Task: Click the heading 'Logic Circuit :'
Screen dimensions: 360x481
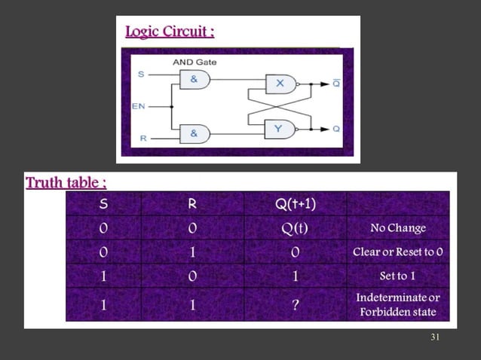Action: pos(170,32)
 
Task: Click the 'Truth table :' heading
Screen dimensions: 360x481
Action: pos(66,183)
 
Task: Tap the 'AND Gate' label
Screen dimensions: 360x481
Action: pos(195,62)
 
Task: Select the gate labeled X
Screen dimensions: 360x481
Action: pos(280,84)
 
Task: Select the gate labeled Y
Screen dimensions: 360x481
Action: pos(280,129)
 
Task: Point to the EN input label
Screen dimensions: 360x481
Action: pos(139,106)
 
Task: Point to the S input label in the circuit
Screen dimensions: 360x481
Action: pos(141,74)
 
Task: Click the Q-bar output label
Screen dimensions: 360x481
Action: pos(336,84)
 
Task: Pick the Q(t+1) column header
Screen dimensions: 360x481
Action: pos(296,203)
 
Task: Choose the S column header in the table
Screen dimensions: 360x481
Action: pos(103,203)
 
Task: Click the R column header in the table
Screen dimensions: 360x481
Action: pos(192,203)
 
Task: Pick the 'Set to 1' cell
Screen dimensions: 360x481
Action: pos(398,276)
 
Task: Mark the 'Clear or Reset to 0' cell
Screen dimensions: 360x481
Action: pos(398,252)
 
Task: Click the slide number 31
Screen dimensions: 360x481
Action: pos(435,337)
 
